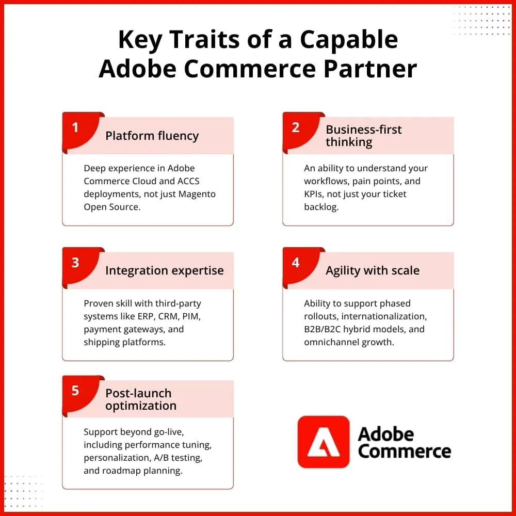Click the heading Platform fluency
pos(152,136)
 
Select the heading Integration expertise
pos(165,270)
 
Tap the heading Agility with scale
pos(373,271)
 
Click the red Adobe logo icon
pos(324,442)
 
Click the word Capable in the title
pos(349,40)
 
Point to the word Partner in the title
pos(370,69)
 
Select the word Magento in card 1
pos(197,194)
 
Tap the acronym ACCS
pos(188,181)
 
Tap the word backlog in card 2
pos(321,207)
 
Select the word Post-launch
pos(138,393)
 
